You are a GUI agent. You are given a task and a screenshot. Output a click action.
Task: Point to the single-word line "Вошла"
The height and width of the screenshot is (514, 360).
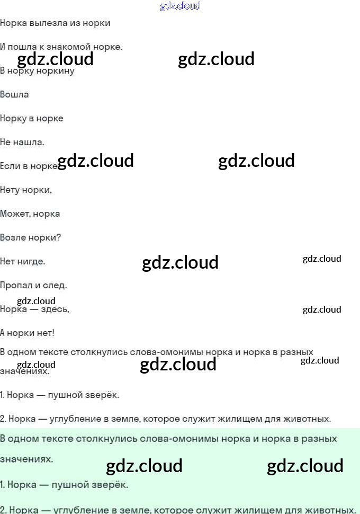(x=14, y=95)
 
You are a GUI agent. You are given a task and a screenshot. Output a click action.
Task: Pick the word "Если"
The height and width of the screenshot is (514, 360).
(x=10, y=166)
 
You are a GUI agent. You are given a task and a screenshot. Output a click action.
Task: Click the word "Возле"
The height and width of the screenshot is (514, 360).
(x=13, y=238)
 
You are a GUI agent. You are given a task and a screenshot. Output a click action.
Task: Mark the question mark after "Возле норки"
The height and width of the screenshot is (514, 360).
(x=58, y=238)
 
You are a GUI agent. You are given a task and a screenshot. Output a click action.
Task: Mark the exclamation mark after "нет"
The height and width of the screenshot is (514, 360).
(x=52, y=333)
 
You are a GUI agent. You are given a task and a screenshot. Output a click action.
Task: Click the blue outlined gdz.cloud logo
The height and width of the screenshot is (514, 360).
(x=180, y=6)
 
